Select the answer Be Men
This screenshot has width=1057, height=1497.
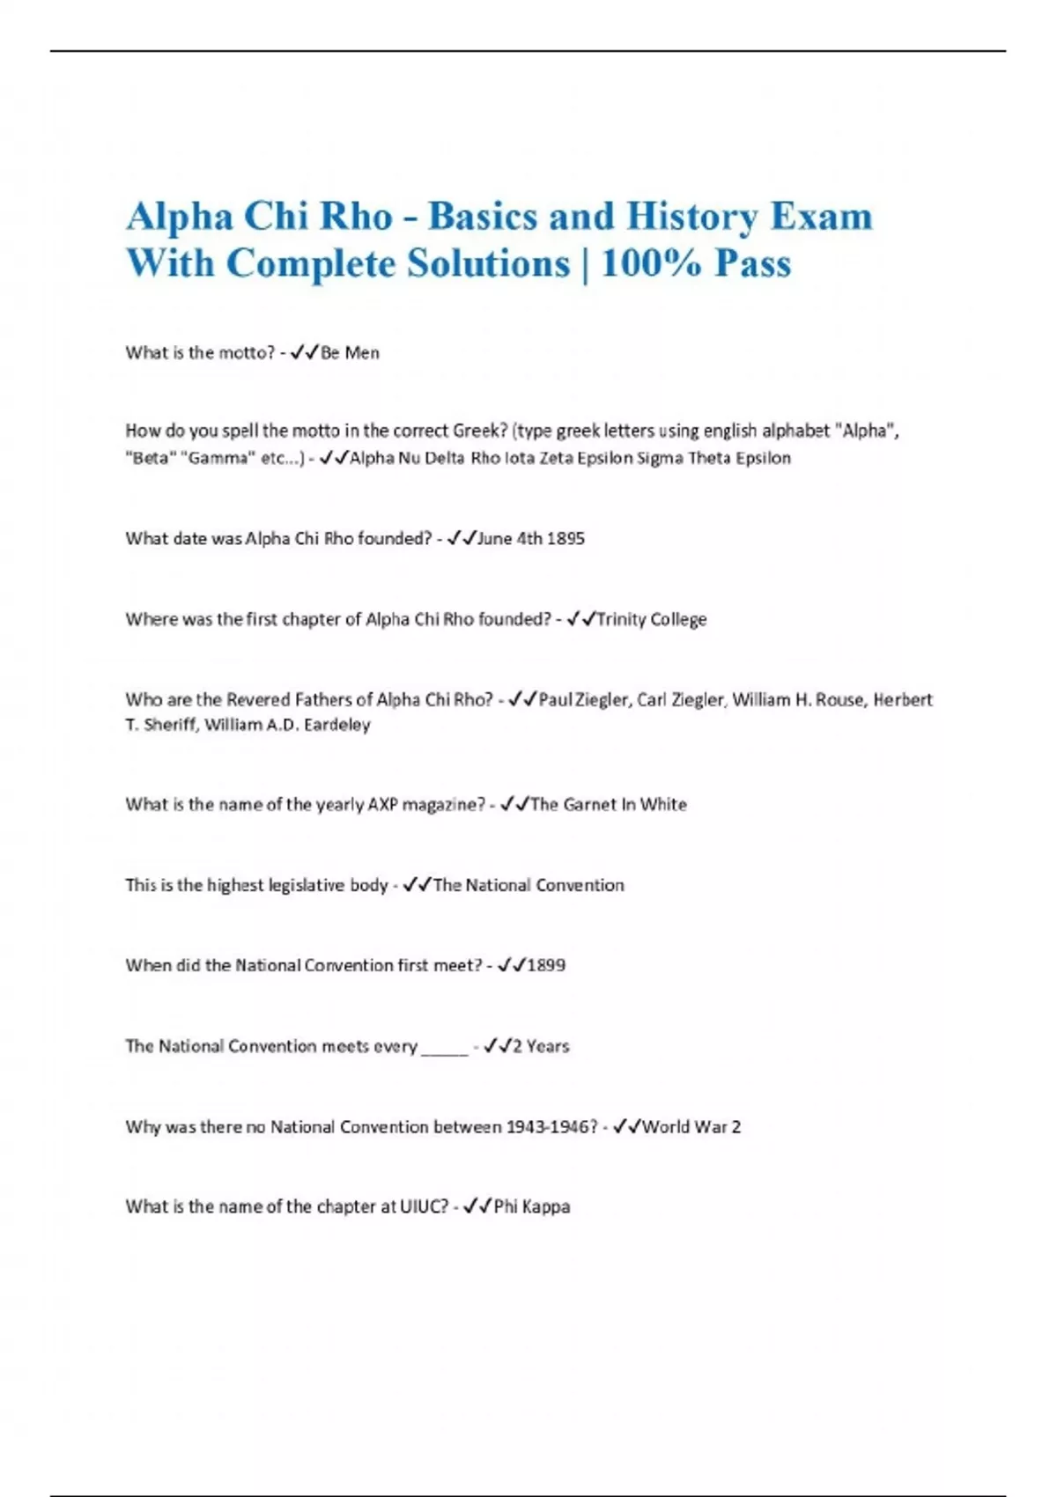click(350, 353)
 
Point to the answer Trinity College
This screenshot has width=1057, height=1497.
click(651, 619)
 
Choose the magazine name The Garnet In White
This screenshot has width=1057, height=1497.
click(608, 804)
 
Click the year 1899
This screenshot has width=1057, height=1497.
click(545, 965)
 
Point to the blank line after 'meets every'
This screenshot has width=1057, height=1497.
click(445, 1048)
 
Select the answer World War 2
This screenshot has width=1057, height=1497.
click(691, 1126)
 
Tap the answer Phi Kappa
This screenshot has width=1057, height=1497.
click(531, 1206)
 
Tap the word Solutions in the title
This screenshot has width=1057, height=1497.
click(488, 263)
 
